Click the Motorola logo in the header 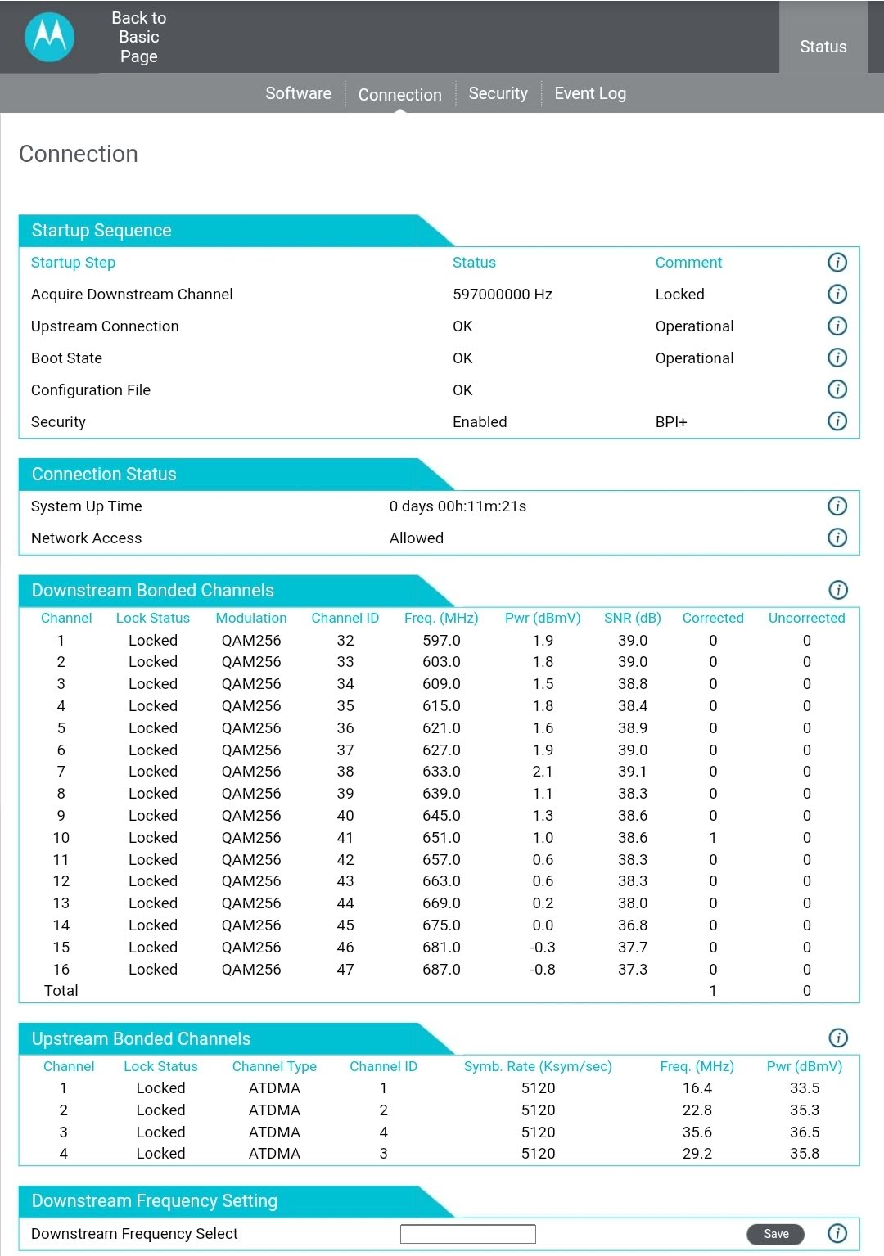pos(50,37)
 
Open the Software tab pos(298,93)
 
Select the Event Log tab pos(590,93)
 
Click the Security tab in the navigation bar pos(498,93)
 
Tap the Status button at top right pos(823,47)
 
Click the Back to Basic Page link pos(139,37)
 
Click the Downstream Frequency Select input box pos(467,1234)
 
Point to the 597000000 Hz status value pos(503,295)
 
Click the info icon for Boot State pos(837,358)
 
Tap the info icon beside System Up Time pos(837,506)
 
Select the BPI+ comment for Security pos(671,422)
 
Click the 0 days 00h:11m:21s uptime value pos(458,506)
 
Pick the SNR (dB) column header pos(632,619)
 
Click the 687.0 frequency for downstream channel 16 pos(441,970)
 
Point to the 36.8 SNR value pos(632,925)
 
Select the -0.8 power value pos(542,970)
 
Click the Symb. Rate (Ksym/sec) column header pos(538,1067)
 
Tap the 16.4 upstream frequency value pos(697,1088)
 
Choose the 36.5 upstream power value pos(805,1132)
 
